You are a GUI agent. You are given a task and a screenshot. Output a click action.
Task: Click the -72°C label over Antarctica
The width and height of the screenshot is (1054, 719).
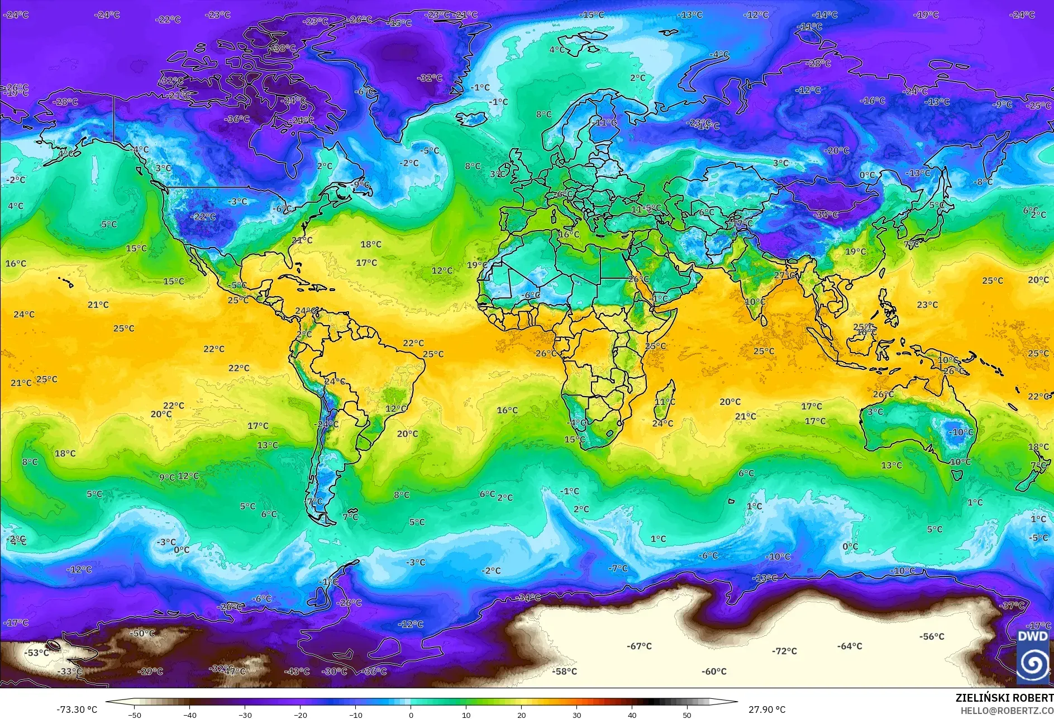tap(784, 651)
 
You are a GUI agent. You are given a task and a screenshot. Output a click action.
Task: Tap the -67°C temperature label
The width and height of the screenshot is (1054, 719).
tap(639, 646)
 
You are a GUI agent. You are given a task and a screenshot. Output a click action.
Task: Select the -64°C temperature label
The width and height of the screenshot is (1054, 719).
tap(850, 646)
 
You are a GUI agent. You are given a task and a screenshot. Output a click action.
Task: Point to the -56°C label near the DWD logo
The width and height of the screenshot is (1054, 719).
tap(932, 637)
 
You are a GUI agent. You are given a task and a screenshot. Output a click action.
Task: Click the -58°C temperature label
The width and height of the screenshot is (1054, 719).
tap(564, 672)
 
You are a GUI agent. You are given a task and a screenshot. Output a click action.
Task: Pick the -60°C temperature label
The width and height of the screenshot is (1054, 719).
tap(714, 672)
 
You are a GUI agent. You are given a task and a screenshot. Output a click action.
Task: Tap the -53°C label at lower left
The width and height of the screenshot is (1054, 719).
tap(37, 653)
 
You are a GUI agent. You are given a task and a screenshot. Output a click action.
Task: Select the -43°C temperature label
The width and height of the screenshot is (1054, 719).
tap(297, 672)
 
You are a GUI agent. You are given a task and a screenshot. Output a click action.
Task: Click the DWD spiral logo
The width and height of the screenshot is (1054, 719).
tap(1032, 662)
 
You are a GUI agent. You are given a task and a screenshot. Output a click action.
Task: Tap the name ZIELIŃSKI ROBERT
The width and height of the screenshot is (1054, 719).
tap(1004, 698)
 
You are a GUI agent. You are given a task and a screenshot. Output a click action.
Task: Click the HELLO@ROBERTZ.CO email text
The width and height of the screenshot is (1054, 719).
tap(1007, 711)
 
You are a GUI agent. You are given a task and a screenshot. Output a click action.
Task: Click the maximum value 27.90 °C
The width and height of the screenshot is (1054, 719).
tap(767, 710)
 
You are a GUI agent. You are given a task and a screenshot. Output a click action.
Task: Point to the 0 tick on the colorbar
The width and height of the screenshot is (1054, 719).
tap(411, 715)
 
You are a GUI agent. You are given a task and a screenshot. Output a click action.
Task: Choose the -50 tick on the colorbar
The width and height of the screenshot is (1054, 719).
tap(134, 715)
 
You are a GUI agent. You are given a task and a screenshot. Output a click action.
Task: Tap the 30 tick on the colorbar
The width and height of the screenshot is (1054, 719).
tap(576, 715)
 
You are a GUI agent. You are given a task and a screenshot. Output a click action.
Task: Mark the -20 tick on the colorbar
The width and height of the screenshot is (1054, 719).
tap(301, 715)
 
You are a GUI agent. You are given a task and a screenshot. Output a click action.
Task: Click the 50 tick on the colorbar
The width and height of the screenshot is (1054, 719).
tap(686, 715)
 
